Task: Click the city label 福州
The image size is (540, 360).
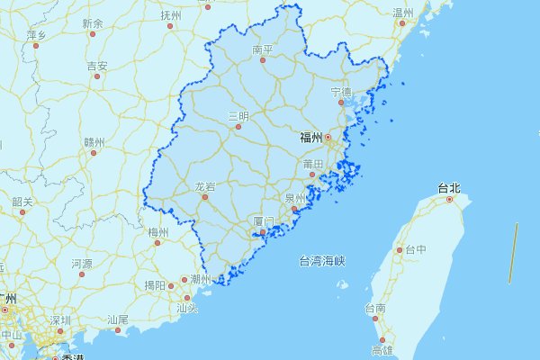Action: coord(311,138)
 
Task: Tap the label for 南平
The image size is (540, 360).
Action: coord(263,49)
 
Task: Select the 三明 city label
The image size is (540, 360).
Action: coord(238,116)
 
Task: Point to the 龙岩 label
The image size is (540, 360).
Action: coord(205,186)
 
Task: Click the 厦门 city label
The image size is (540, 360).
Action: coord(262,220)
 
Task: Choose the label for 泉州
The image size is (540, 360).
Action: coord(295,198)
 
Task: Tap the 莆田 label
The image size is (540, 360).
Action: coord(313,164)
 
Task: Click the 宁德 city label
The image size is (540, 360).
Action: coord(341,92)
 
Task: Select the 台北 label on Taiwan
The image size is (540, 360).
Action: coord(448,188)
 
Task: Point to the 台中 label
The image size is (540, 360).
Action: coord(415,249)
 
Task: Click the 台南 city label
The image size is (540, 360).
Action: coord(374,309)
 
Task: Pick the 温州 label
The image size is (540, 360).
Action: coord(403,13)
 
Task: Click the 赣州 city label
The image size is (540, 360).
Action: coord(94,142)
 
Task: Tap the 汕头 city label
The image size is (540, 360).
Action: coord(187,307)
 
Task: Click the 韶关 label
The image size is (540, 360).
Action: coord(22,202)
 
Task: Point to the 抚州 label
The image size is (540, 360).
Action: coord(170,16)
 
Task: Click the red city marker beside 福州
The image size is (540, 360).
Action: coord(328,138)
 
